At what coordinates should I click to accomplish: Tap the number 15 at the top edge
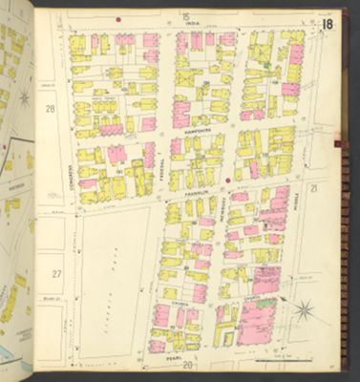click(185, 16)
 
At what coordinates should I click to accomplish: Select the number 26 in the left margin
click(53, 110)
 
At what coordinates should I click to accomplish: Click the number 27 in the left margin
click(55, 274)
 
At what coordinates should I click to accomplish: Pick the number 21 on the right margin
click(312, 188)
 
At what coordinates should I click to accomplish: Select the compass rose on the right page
click(304, 310)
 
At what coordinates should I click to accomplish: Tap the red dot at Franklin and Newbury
click(228, 179)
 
